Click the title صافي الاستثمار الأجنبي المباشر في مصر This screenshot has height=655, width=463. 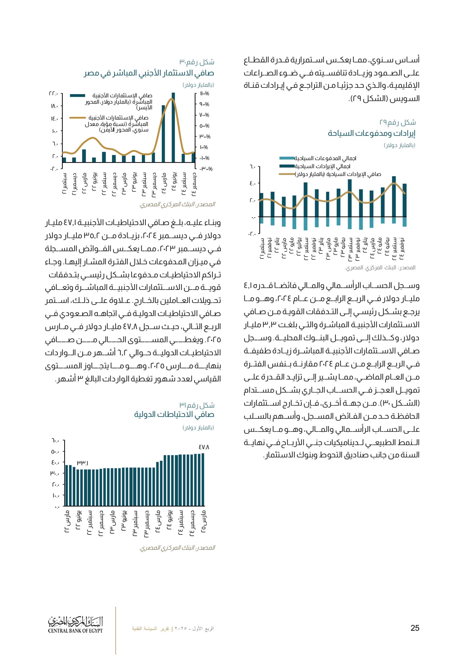click(x=149, y=73)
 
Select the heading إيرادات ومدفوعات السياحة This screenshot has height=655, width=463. click(x=371, y=133)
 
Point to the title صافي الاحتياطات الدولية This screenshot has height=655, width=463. click(x=174, y=414)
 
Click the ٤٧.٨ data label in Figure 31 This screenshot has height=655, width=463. click(x=204, y=447)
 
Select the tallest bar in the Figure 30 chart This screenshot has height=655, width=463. click(x=173, y=127)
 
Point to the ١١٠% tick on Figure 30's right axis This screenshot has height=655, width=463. click(x=204, y=94)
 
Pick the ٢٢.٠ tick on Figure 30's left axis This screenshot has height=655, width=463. click(x=54, y=94)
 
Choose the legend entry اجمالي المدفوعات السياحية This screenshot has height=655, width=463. click(x=325, y=158)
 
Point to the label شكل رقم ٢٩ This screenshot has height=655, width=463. click(x=397, y=123)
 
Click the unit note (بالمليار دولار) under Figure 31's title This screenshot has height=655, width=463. click(x=198, y=428)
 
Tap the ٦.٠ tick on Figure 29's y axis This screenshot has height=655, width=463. click(x=252, y=166)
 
